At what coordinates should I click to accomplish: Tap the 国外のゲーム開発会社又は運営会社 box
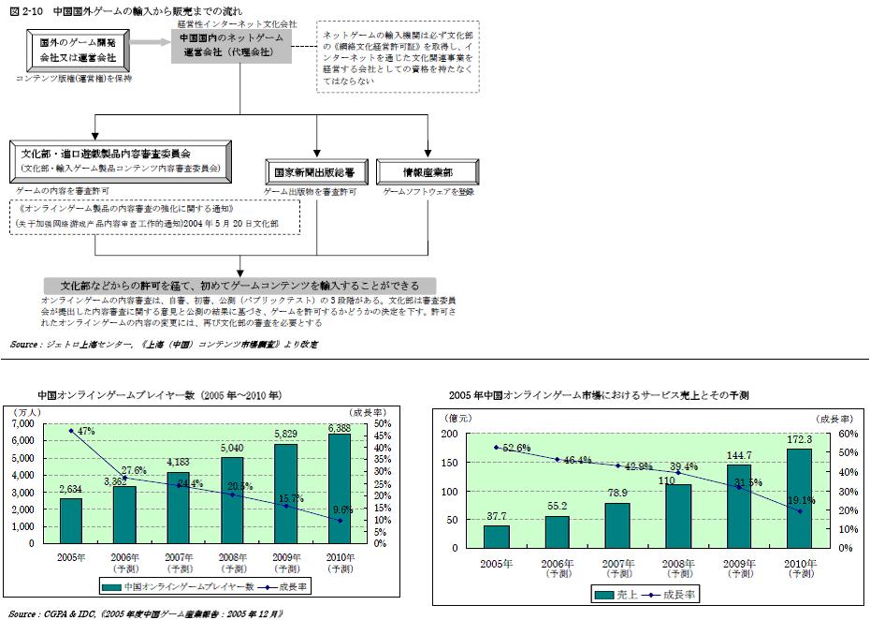click(x=72, y=51)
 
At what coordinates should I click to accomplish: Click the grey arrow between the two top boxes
click(x=149, y=43)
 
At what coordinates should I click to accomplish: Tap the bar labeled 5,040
click(x=232, y=500)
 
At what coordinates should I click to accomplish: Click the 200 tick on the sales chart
click(x=451, y=435)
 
